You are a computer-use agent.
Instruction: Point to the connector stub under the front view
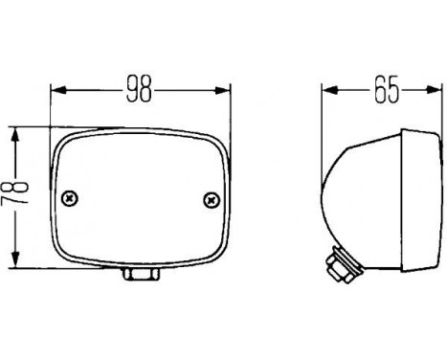click(x=141, y=276)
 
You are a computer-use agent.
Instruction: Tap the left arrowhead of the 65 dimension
click(x=328, y=92)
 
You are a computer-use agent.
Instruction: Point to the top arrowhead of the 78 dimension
click(x=13, y=132)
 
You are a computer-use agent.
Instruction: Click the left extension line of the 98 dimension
click(x=50, y=110)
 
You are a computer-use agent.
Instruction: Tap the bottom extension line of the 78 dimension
click(x=34, y=269)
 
